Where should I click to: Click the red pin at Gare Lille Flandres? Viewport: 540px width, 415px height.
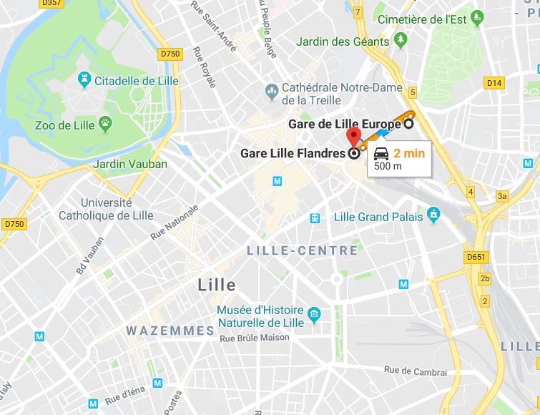coord(353,136)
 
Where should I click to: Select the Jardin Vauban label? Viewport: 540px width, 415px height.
coord(130,164)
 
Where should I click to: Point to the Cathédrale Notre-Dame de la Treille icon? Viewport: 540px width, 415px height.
coord(271,90)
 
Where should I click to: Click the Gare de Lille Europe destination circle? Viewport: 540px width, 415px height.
coord(408,123)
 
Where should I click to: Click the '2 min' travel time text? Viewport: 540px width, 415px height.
coord(409,152)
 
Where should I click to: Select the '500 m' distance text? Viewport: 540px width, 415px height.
coord(388,166)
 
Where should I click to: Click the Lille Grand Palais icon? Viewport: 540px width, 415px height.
coord(433,213)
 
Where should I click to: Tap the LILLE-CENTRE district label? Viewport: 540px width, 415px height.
coord(302,250)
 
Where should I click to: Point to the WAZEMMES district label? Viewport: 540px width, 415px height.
coord(170,331)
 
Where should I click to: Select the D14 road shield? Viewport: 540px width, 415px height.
coord(494,84)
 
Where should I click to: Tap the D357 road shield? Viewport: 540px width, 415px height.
coord(51,4)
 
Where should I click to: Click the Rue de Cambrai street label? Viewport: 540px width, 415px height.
coord(416,371)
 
